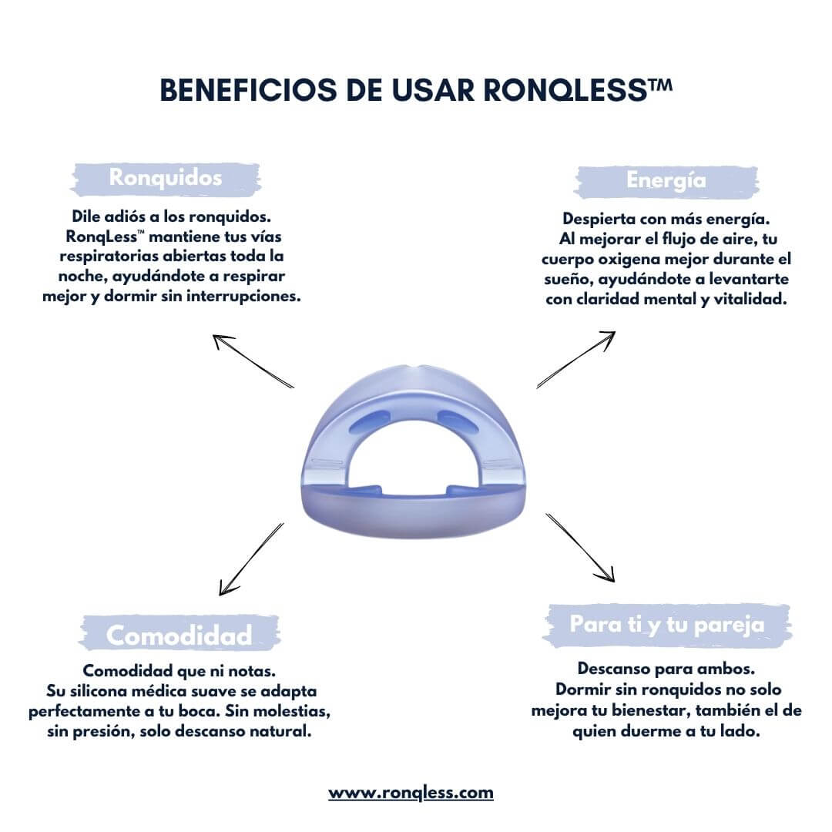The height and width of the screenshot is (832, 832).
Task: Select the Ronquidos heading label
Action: (x=166, y=178)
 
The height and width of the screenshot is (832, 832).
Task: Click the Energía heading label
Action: (x=666, y=180)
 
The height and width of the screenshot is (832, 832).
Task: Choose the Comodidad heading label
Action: (x=179, y=636)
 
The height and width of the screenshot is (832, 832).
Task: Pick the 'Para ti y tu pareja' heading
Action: (x=667, y=625)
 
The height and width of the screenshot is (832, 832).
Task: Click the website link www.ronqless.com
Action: (x=411, y=792)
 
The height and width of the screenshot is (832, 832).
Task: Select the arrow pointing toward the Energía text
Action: (x=576, y=359)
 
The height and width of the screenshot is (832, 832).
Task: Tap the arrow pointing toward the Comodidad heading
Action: (x=251, y=559)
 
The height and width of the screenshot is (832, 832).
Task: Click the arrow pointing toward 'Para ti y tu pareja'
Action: (x=581, y=547)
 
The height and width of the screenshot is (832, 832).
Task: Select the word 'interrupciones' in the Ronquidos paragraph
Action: (x=251, y=297)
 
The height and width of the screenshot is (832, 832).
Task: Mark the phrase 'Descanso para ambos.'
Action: (x=666, y=669)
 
